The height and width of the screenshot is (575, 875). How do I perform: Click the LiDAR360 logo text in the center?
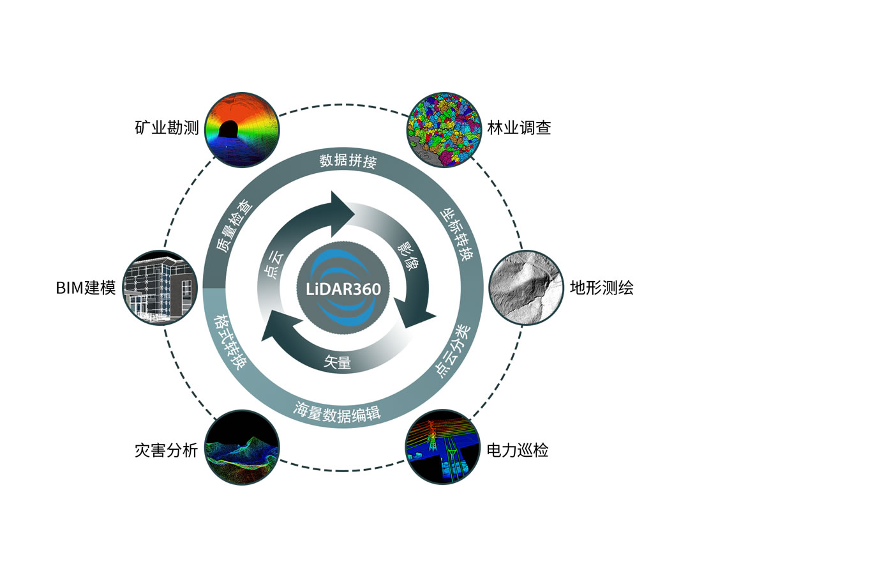click(343, 289)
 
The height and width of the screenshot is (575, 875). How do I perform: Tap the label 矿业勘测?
click(167, 128)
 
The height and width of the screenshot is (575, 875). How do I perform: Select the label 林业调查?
click(519, 128)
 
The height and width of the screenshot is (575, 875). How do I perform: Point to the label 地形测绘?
click(601, 288)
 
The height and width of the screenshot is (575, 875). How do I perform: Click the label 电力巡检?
click(517, 450)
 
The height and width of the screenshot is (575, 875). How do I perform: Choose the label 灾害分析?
click(166, 450)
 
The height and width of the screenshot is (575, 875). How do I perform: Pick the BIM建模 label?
click(86, 288)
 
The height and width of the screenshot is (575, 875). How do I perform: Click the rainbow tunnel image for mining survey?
click(242, 130)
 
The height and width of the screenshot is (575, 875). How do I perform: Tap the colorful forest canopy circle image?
click(444, 130)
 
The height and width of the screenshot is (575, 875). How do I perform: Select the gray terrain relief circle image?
click(526, 287)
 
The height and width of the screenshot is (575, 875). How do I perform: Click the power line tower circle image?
click(443, 447)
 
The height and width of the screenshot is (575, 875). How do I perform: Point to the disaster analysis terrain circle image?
click(242, 447)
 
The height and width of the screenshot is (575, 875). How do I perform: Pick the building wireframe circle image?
click(160, 287)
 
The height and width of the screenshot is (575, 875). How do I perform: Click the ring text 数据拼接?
click(348, 160)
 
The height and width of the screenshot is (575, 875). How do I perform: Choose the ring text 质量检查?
click(234, 227)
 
